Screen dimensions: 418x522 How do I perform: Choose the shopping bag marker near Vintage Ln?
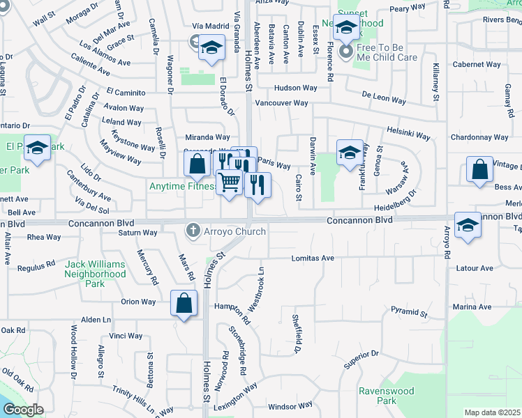(479, 171)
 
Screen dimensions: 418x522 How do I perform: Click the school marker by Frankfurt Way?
(350, 153)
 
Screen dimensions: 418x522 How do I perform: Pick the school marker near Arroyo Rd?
(468, 226)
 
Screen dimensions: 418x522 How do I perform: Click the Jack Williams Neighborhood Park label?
(96, 270)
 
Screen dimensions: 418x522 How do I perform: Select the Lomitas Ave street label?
(314, 258)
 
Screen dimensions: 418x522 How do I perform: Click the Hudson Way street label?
(296, 88)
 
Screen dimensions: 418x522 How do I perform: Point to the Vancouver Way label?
(281, 103)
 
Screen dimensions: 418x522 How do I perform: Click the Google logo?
(23, 410)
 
